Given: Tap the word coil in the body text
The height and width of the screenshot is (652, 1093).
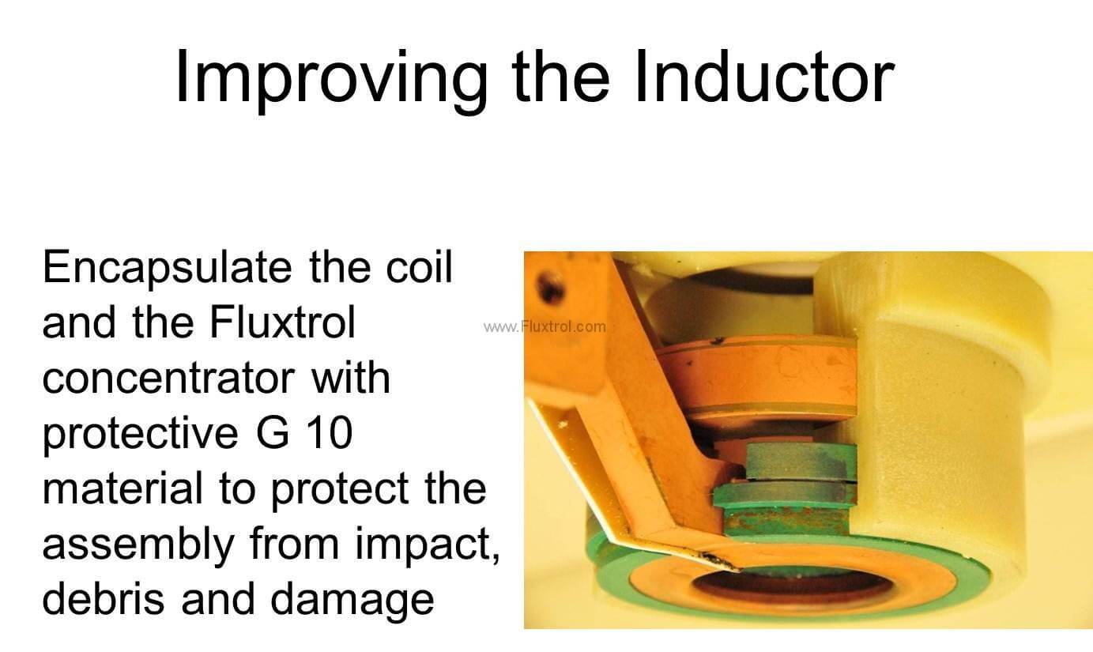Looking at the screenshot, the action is click(419, 266).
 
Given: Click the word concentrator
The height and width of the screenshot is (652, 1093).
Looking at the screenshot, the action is click(168, 379).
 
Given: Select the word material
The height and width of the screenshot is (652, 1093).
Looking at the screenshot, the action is click(122, 488).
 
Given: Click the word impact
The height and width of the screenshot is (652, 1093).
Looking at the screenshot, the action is click(428, 545).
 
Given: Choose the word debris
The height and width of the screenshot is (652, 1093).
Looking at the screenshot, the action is click(104, 598).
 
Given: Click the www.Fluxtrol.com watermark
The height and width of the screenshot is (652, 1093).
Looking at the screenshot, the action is click(545, 326).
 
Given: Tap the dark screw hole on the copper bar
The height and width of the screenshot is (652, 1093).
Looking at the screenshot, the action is click(550, 287).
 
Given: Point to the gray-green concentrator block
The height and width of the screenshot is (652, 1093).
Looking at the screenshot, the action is click(801, 462).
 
